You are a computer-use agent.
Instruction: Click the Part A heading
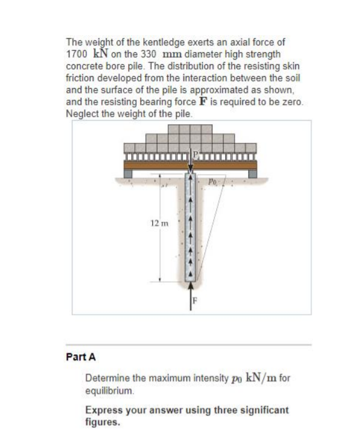pos(80,357)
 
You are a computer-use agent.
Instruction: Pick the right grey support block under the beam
pos(253,172)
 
